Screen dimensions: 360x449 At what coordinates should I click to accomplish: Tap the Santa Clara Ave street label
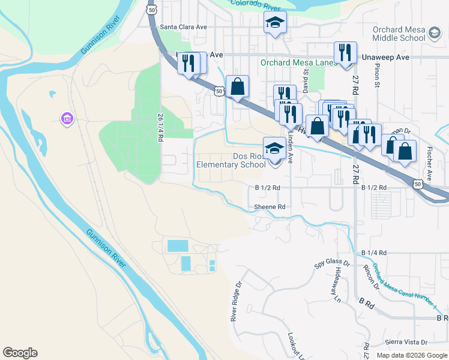coord(184,27)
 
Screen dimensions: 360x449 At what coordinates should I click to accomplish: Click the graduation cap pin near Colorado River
coord(275,23)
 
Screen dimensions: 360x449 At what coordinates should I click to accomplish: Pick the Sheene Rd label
coord(269,206)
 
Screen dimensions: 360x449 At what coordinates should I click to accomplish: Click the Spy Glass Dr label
coord(332,263)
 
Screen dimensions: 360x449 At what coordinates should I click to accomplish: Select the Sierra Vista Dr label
coord(406,342)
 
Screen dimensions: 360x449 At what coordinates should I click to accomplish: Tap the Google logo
coord(20,353)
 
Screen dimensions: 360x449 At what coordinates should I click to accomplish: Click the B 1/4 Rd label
coord(374,253)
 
